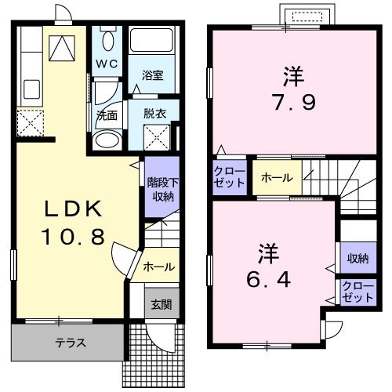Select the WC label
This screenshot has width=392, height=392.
coord(107,63)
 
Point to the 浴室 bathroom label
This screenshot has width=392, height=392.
coord(152,76)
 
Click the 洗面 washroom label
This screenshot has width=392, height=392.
coord(107,114)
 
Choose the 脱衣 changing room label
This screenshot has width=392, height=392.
coord(154,112)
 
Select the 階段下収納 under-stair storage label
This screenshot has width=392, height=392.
coord(162,189)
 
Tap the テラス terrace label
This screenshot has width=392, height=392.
coord(71,343)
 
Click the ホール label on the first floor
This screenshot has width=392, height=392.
coord(159,267)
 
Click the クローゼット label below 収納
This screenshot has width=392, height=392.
coord(358,292)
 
